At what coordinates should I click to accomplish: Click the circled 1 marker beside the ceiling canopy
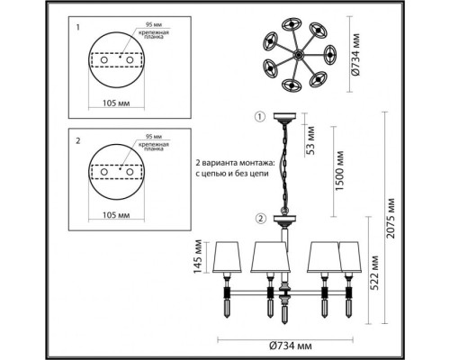tap(258, 117)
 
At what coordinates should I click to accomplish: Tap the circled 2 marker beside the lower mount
tap(258, 219)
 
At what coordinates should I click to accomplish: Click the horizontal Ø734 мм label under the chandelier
tap(290, 345)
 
